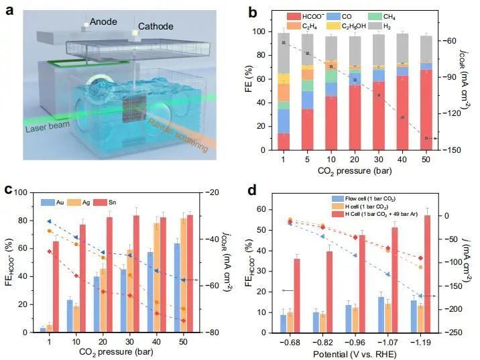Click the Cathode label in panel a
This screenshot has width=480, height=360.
click(x=155, y=27)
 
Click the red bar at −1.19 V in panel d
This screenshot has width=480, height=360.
click(x=426, y=274)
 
